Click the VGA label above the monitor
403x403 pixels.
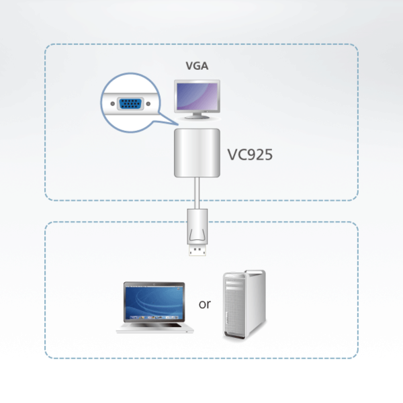pyautogui.click(x=197, y=66)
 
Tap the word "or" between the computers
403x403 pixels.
pyautogui.click(x=205, y=304)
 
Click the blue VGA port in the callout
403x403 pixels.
pyautogui.click(x=128, y=104)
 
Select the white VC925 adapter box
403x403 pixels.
pyautogui.click(x=197, y=154)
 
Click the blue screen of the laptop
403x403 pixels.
pyautogui.click(x=153, y=300)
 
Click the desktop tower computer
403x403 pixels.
pyautogui.click(x=244, y=306)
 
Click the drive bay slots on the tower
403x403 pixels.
pyautogui.click(x=236, y=289)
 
